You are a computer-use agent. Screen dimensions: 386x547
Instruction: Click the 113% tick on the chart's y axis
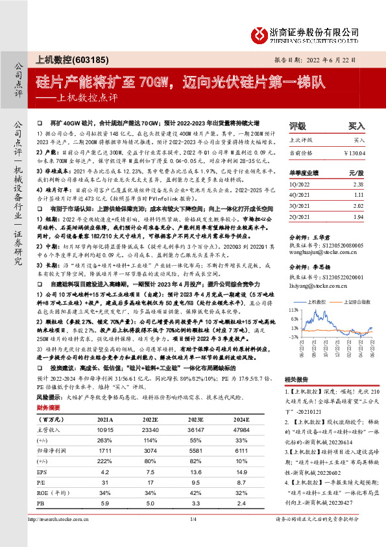[x=294, y=311]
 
